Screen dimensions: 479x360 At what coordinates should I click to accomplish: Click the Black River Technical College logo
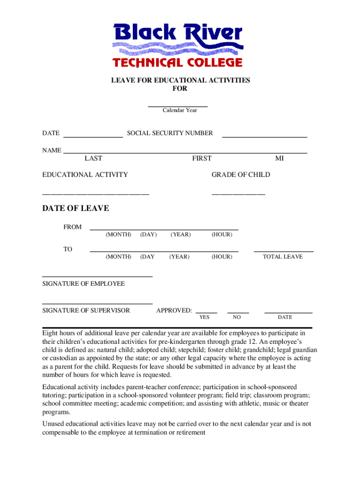click(178, 45)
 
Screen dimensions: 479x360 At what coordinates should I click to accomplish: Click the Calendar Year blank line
click(178, 107)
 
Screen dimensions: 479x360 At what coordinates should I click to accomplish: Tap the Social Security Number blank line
click(264, 137)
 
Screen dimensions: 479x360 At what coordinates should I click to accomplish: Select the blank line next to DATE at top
click(93, 137)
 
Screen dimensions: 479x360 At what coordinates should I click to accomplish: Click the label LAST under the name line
click(94, 159)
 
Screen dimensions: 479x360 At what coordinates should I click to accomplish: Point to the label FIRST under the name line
click(202, 159)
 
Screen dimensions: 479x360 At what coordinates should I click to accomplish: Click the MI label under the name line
click(279, 159)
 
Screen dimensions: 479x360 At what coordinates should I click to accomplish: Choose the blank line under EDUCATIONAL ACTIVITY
click(96, 194)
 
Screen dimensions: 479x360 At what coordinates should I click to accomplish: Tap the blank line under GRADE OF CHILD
click(238, 194)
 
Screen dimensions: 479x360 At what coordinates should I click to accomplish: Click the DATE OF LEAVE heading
click(76, 209)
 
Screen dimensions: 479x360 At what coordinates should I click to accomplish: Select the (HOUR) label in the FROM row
click(222, 234)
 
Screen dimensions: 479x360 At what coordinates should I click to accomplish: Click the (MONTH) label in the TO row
click(118, 257)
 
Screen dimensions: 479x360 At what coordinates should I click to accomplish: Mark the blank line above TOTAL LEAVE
click(283, 252)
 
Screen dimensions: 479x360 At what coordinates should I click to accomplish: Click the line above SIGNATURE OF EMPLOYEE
click(97, 277)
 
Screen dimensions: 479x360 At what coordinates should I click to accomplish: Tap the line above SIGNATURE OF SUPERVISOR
click(97, 304)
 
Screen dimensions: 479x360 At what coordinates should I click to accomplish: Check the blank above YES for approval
click(206, 312)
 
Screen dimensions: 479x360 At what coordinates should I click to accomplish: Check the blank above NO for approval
click(238, 312)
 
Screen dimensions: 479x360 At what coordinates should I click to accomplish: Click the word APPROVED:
click(174, 311)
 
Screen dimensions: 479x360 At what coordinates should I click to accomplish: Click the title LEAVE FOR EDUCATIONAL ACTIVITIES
click(180, 80)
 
